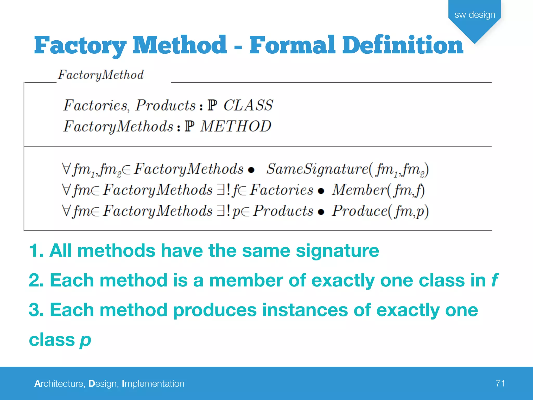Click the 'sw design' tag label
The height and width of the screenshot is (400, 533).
point(475,15)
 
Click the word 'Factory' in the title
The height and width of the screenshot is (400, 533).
point(80,45)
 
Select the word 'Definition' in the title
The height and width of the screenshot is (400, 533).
point(403,45)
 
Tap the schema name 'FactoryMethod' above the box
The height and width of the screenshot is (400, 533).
point(101,75)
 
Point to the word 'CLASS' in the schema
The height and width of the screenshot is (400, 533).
point(248,105)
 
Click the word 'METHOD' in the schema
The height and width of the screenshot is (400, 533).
point(236,126)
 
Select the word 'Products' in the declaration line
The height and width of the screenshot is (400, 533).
point(166,105)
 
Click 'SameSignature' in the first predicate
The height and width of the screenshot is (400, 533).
point(317,169)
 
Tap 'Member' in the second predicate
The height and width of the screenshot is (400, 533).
point(359,190)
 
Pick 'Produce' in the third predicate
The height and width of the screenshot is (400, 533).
point(360,211)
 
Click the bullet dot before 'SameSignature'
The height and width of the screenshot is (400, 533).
point(251,170)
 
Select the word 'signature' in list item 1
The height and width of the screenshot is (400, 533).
point(337,251)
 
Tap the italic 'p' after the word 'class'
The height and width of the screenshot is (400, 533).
point(85,340)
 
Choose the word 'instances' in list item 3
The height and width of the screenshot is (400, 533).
point(305,310)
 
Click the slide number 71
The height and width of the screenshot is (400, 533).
point(500,383)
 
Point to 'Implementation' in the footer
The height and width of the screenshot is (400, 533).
point(153,384)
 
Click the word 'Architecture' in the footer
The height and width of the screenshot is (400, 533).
point(59,384)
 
